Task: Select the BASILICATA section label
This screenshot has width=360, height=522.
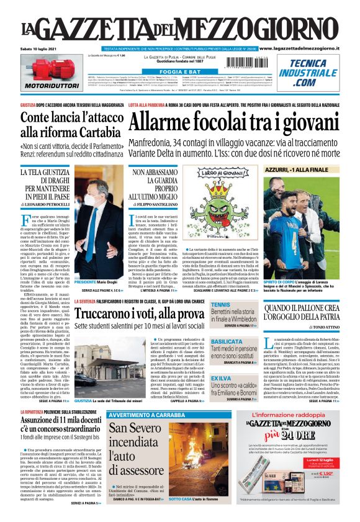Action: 244,341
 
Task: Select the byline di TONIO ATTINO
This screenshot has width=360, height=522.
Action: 326,328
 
